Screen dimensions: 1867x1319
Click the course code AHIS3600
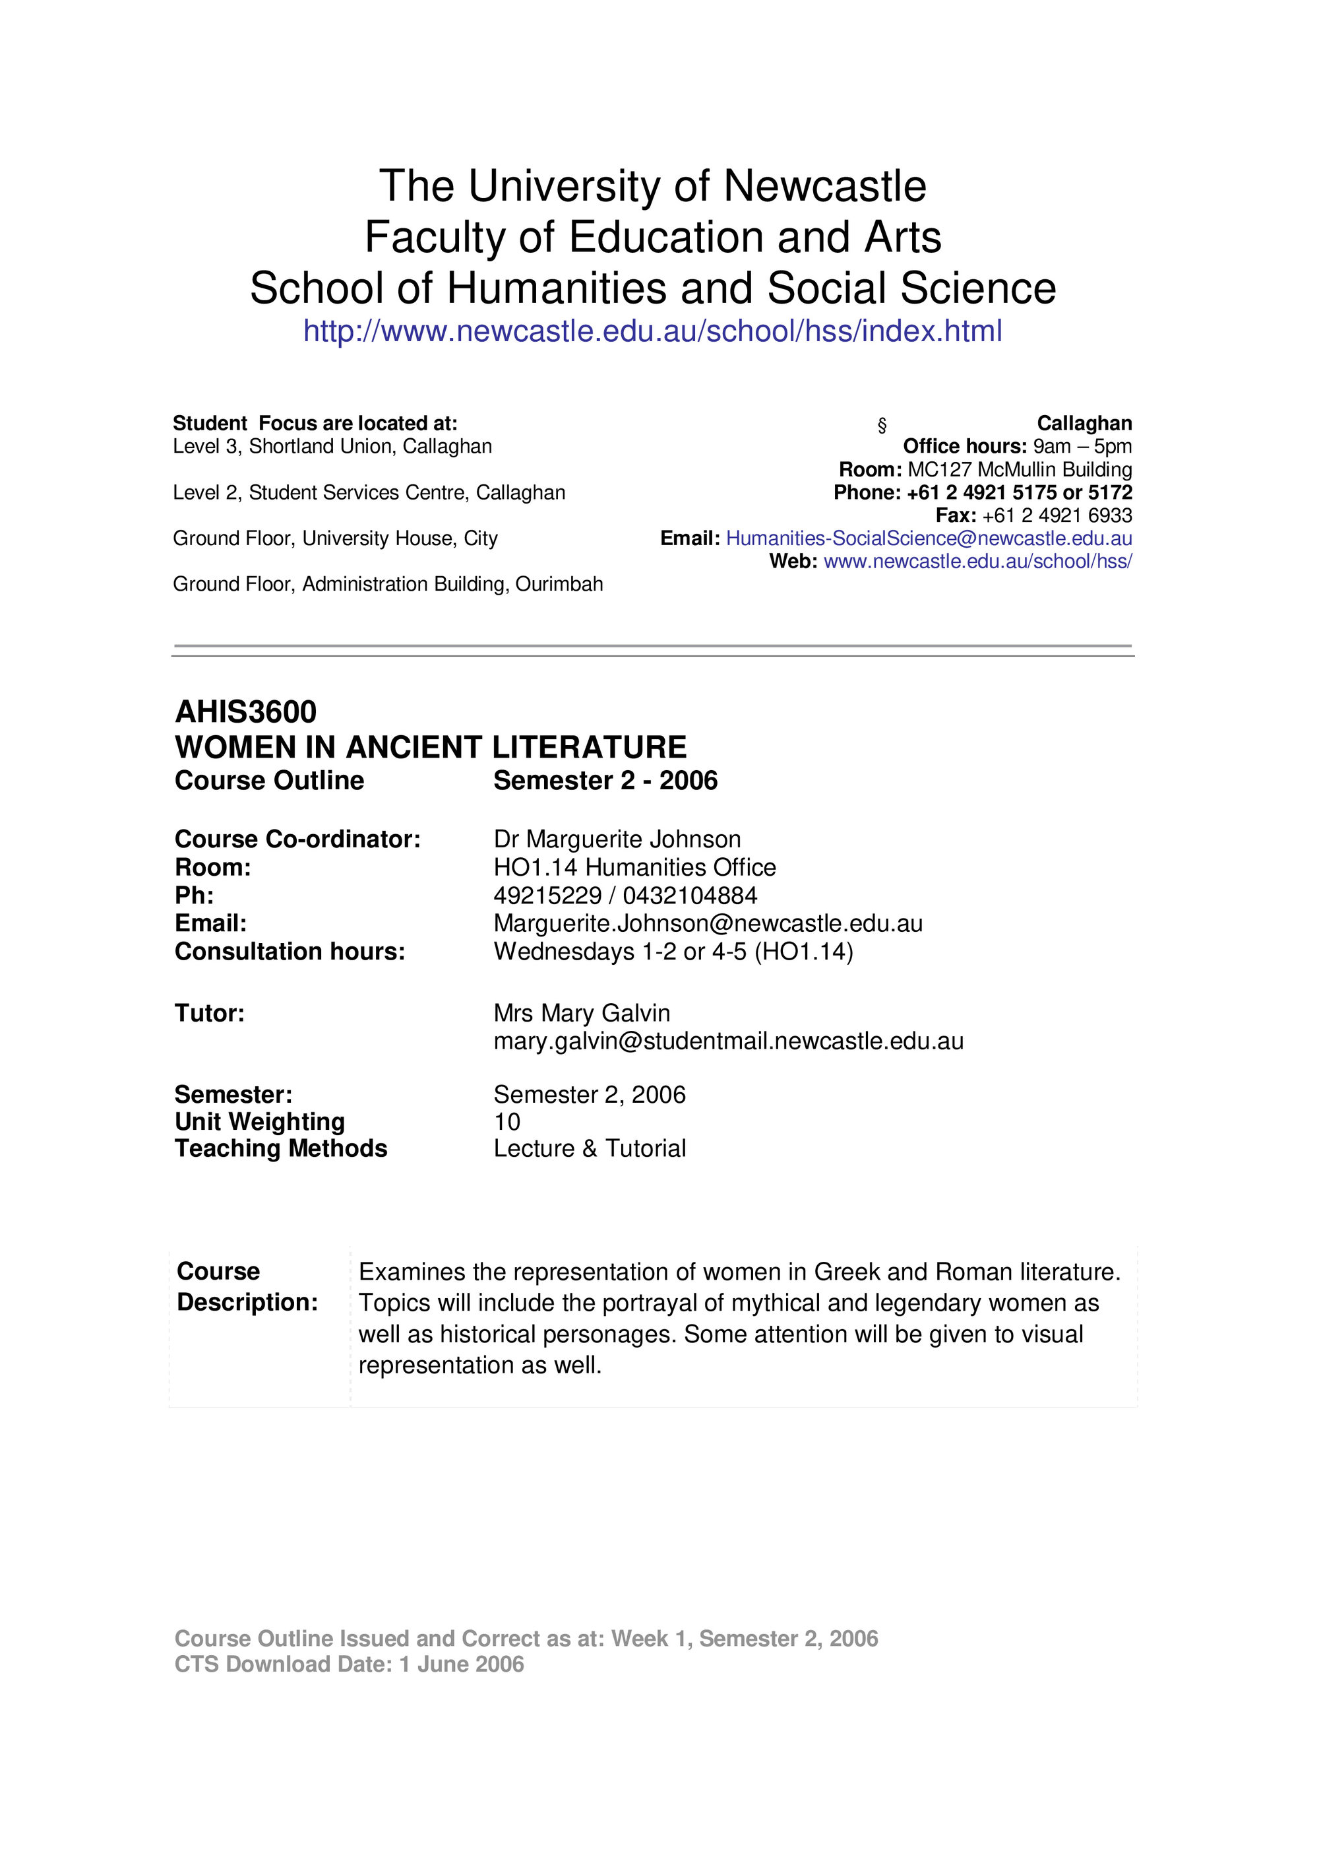245,711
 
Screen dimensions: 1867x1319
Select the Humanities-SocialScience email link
928,539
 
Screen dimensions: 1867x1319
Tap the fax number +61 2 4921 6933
1057,515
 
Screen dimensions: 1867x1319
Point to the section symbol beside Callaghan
882,424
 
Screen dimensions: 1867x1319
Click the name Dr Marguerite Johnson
617,839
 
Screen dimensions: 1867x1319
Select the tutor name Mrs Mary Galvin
581,1013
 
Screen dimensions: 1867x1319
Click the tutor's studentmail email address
728,1041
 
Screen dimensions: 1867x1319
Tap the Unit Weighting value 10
506,1122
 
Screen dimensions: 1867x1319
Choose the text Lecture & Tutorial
589,1148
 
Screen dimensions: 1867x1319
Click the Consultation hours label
290,952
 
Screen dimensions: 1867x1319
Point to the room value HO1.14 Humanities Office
634,868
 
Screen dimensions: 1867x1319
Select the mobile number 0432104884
690,896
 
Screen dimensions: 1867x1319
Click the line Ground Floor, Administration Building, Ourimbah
388,584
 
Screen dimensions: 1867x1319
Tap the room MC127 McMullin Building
1019,470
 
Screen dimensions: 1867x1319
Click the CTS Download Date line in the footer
349,1664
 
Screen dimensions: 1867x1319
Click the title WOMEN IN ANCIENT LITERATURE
430,746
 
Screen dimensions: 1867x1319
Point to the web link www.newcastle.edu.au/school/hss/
977,561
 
